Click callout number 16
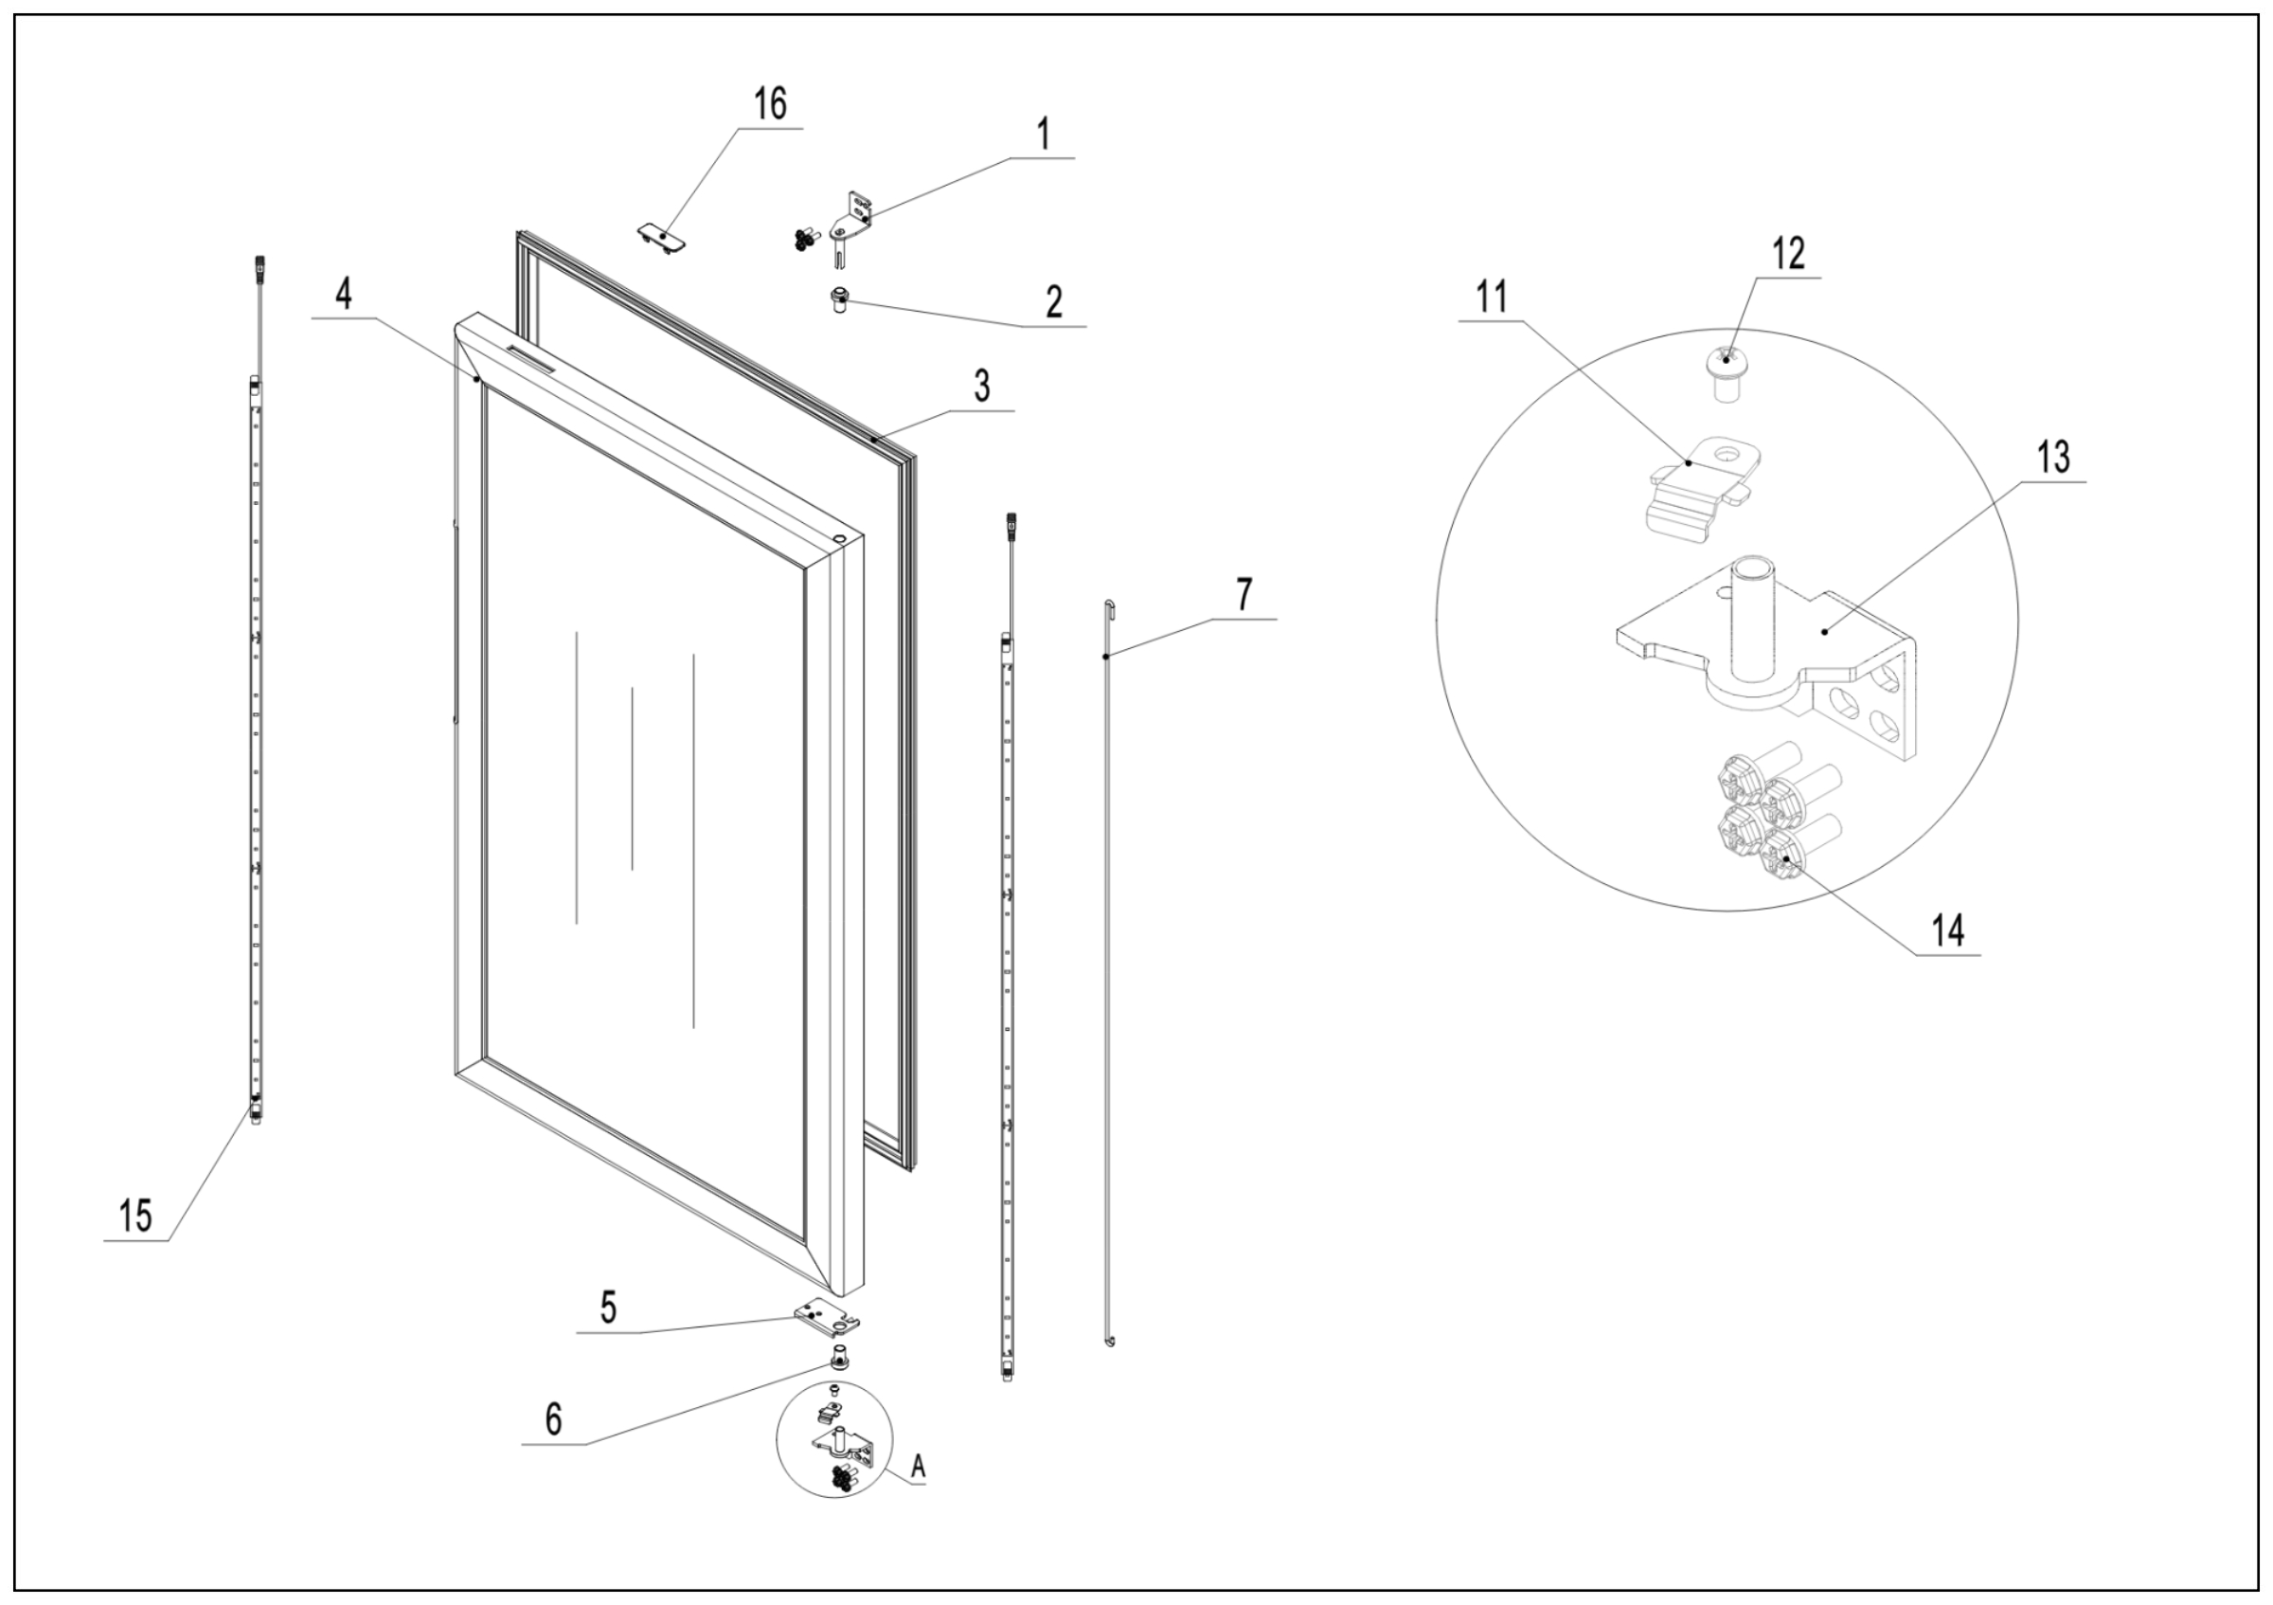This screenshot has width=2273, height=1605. (x=770, y=104)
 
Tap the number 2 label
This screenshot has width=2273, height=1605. (x=1054, y=301)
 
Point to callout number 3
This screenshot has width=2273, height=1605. (x=981, y=387)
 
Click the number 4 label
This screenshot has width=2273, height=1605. (x=344, y=294)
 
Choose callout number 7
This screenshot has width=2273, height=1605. (x=1244, y=594)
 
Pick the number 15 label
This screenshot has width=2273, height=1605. (x=136, y=1215)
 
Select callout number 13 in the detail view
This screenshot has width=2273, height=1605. (x=2053, y=458)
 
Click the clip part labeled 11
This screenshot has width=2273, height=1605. (x=1701, y=485)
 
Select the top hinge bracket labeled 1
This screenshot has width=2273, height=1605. (x=857, y=220)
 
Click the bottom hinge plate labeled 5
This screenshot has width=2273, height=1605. (x=826, y=1317)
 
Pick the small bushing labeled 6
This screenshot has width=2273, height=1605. (x=839, y=1356)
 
